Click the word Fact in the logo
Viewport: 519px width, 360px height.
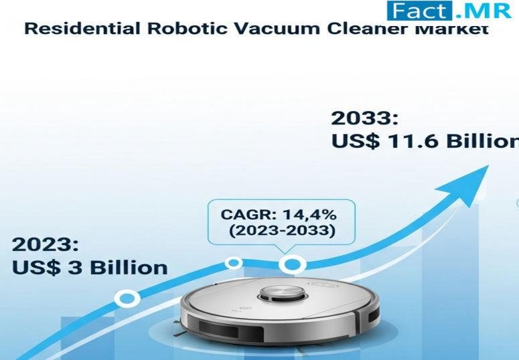point(419,10)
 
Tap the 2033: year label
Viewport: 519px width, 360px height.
point(364,118)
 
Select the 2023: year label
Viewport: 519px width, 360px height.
point(46,244)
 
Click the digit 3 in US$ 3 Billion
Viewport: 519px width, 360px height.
point(76,268)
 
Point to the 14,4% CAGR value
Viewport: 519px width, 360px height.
point(309,215)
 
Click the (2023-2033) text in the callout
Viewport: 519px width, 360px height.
point(283,230)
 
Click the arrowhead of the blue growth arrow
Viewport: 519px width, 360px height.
point(470,183)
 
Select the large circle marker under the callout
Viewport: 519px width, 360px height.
point(293,264)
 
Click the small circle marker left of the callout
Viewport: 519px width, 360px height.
point(234,263)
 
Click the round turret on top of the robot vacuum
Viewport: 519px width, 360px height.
point(282,294)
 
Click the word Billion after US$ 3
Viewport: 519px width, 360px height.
point(129,268)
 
